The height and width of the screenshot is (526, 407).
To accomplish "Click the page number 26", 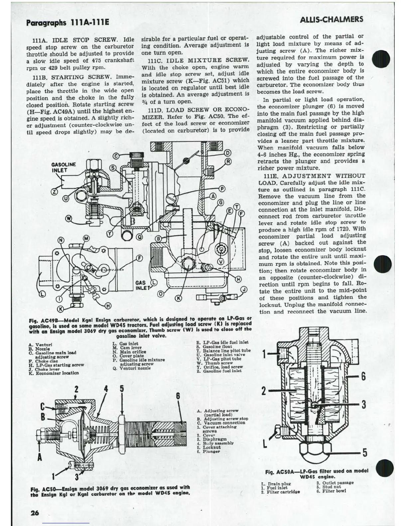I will tap(35, 512).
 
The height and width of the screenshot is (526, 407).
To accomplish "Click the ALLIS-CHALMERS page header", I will tap(331, 19).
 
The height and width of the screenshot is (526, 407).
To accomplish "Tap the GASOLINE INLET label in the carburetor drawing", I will tap(64, 167).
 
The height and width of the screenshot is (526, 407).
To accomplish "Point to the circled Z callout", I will tap(54, 192).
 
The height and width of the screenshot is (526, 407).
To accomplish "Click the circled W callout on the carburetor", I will tap(68, 218).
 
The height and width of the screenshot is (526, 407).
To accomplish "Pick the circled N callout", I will tap(61, 240).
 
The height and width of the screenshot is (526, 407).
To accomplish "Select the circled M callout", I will tap(86, 238).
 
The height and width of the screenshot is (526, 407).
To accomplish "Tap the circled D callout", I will tap(228, 153).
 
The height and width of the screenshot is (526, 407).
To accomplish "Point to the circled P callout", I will tap(221, 189).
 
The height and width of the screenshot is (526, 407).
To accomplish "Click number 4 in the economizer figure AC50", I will tap(106, 389).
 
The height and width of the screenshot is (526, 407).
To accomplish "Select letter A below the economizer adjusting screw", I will tap(40, 457).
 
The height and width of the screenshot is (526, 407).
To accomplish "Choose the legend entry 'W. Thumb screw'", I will tap(214, 363).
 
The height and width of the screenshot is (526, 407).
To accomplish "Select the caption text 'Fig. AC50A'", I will tap(279, 472).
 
